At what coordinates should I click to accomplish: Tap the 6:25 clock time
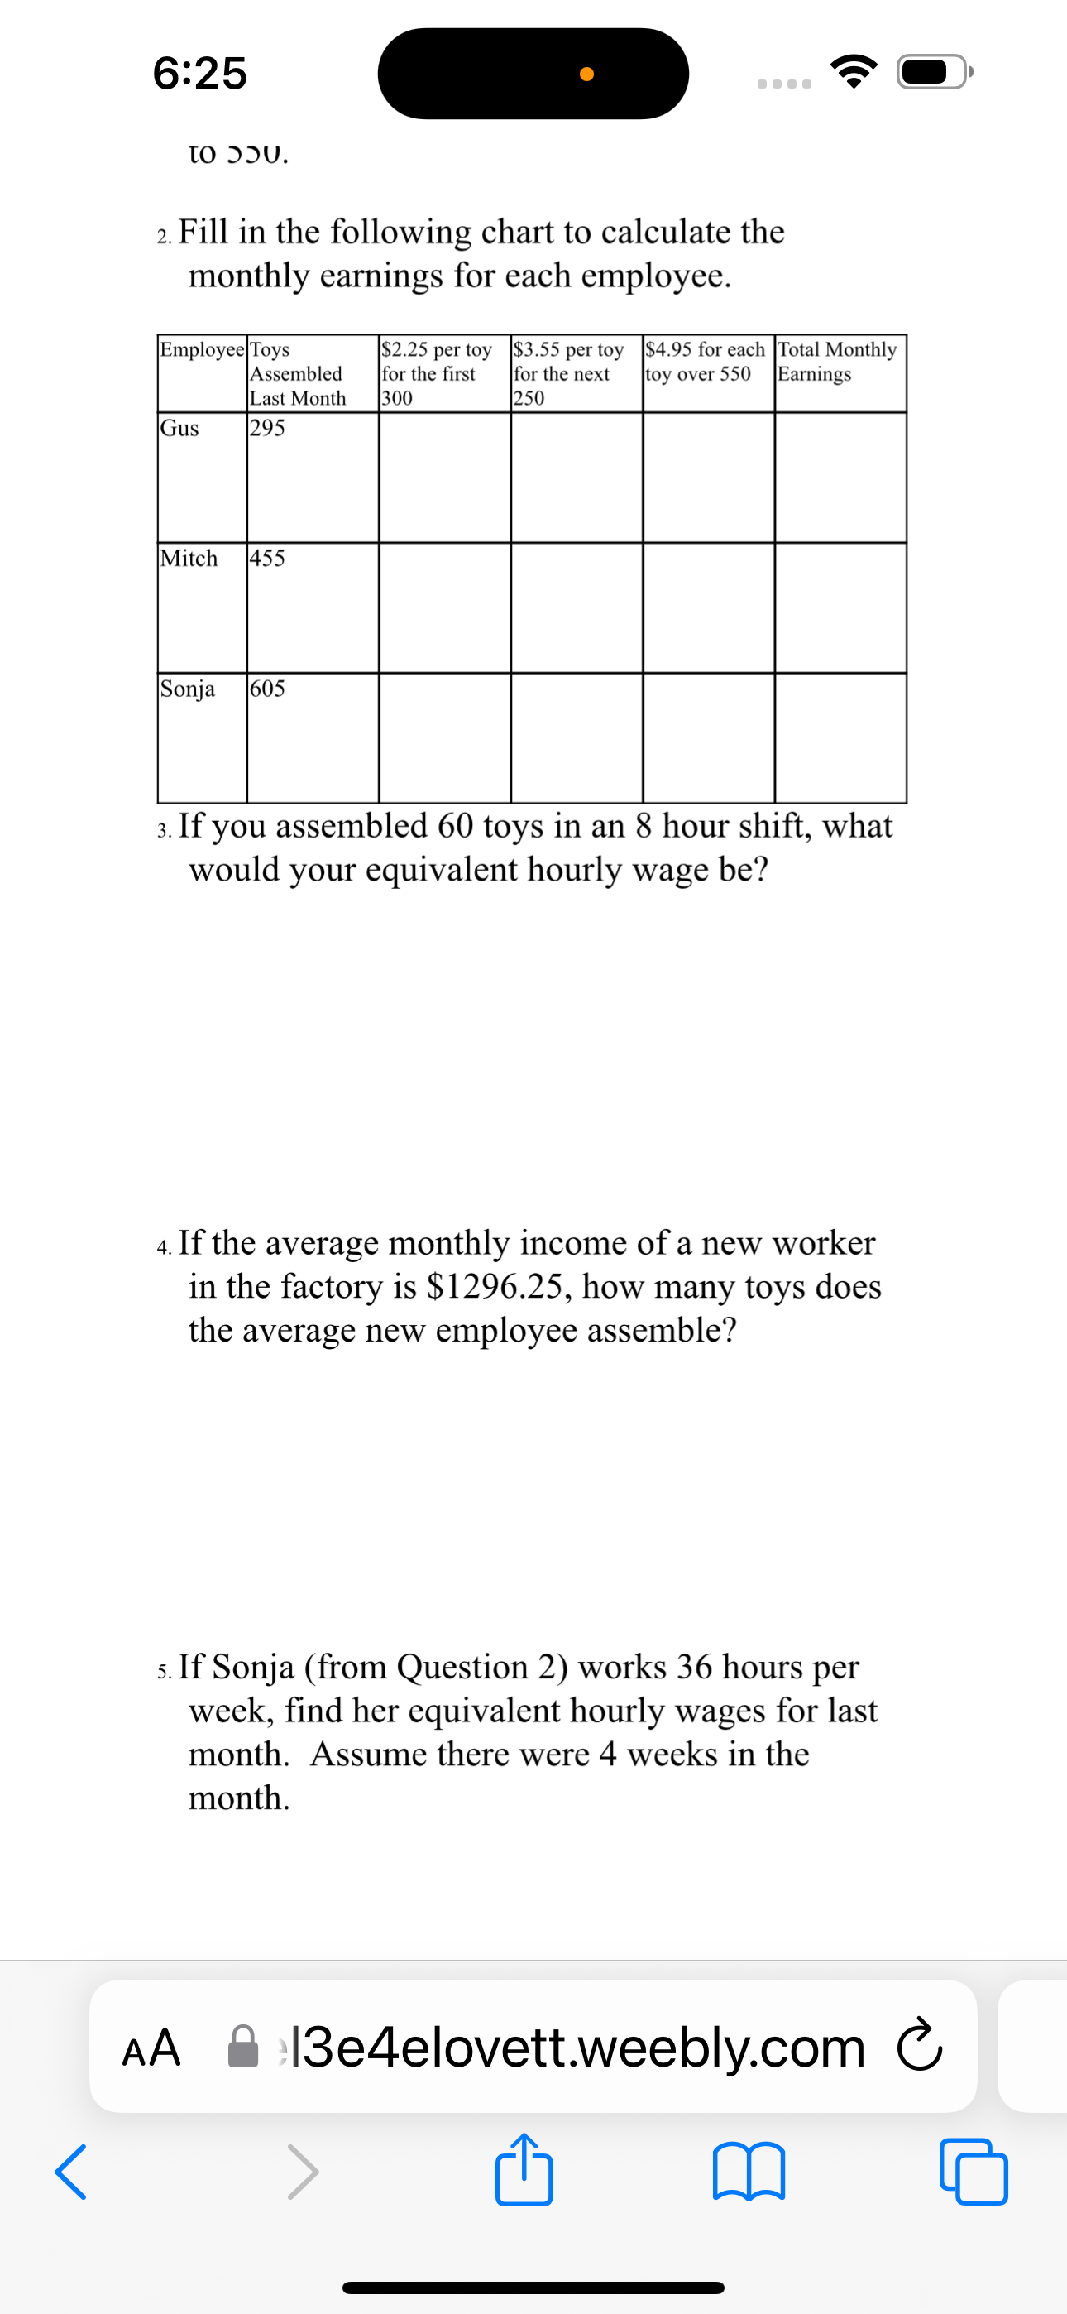[199, 73]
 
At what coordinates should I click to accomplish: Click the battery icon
[934, 72]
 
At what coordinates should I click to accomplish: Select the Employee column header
[202, 349]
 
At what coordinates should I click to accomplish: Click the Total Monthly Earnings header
[836, 361]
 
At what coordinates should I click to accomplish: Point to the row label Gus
[179, 429]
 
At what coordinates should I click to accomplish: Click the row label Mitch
[189, 559]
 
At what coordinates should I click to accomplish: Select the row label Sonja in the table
[188, 689]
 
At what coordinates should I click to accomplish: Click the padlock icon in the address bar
[242, 2048]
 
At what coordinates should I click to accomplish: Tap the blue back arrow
[71, 2172]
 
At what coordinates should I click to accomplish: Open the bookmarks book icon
[749, 2172]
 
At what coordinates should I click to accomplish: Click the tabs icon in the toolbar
[974, 2172]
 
